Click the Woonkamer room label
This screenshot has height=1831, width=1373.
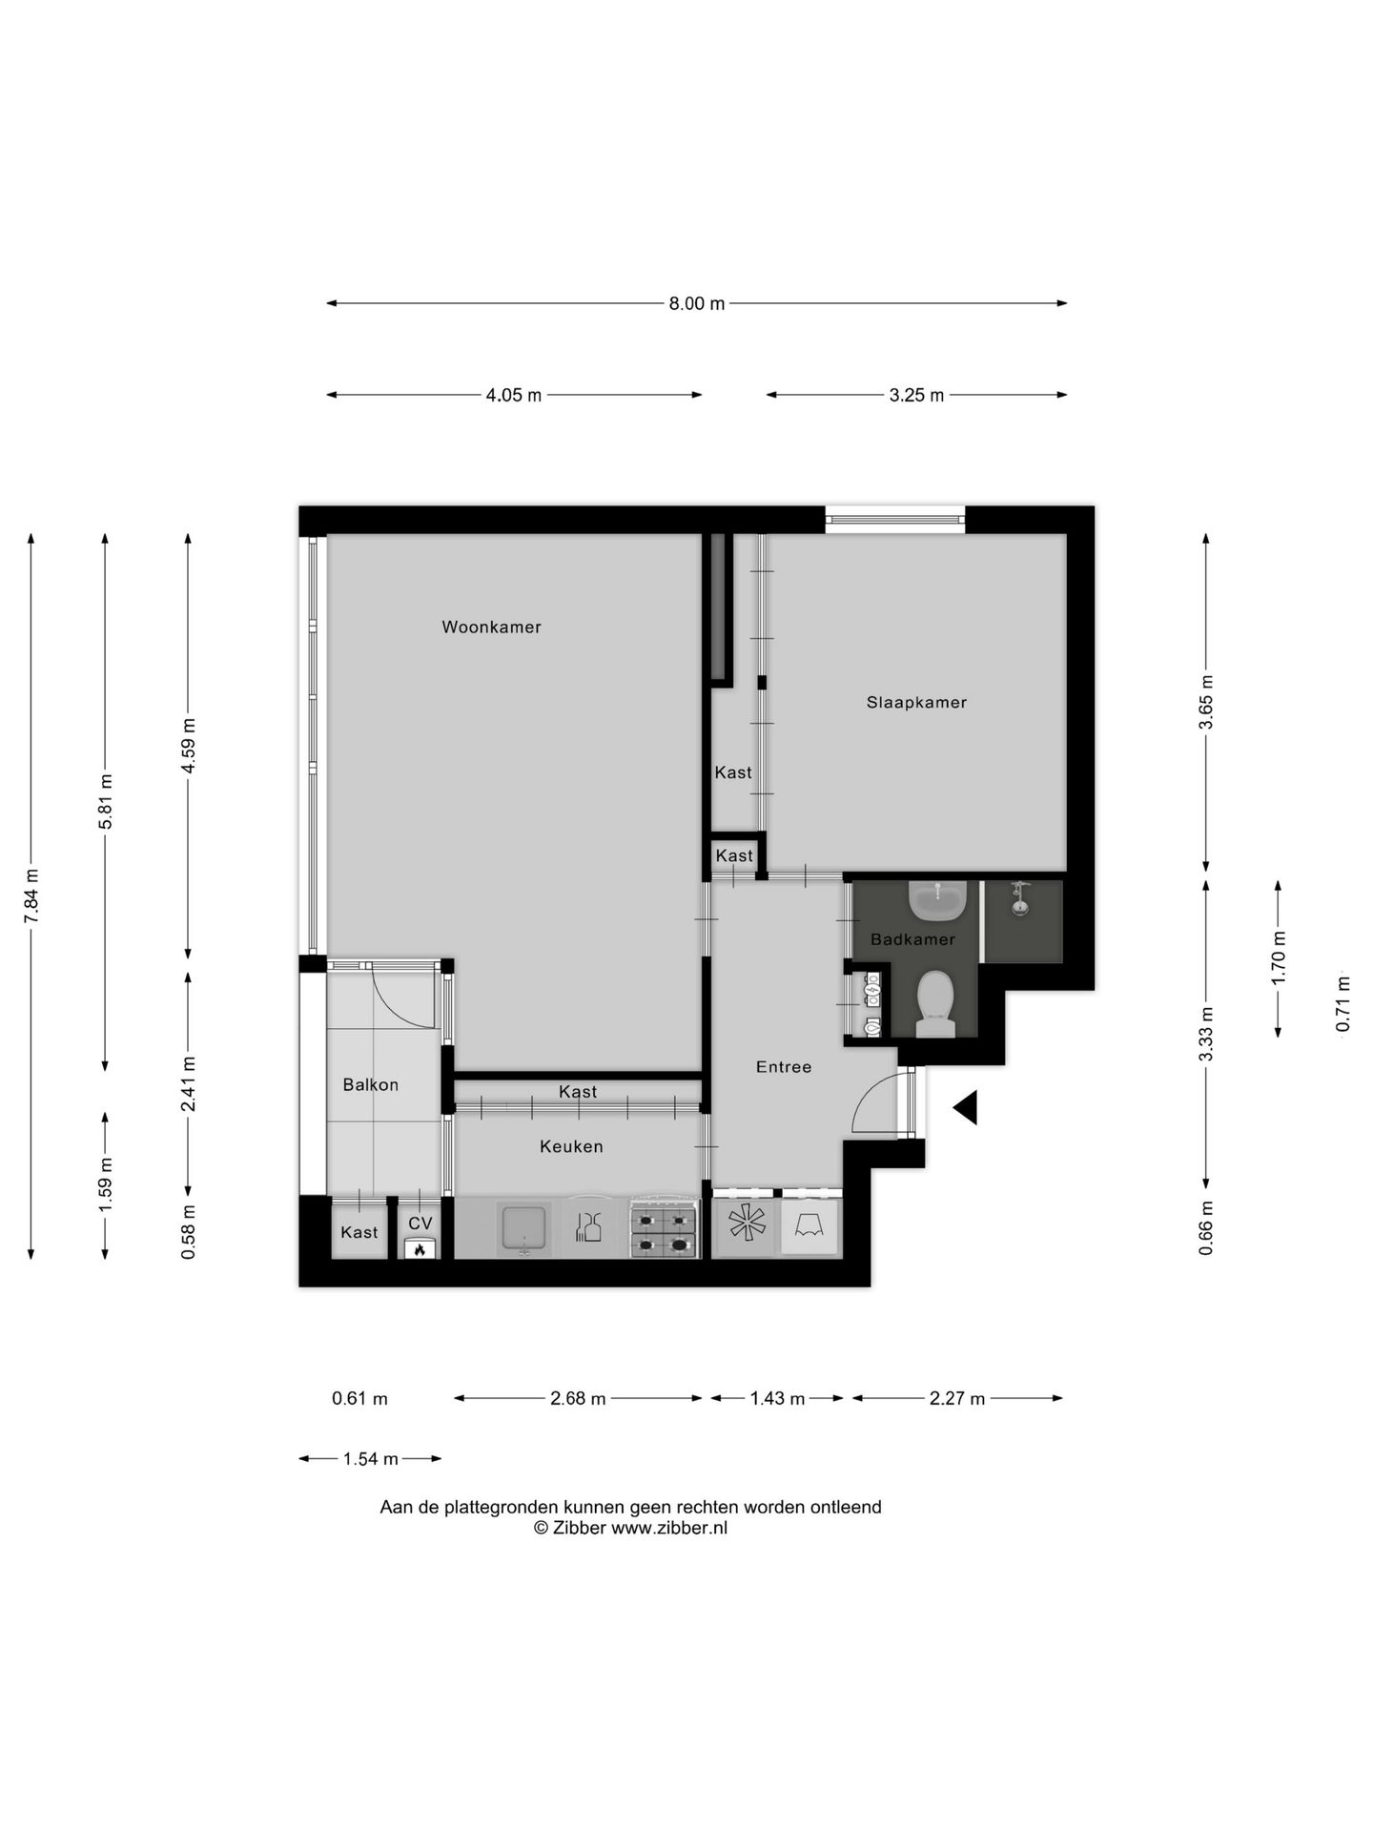click(x=491, y=627)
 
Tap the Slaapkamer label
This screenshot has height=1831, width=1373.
click(x=916, y=703)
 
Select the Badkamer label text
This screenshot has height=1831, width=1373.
click(x=912, y=939)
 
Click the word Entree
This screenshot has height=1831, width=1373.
click(x=784, y=1067)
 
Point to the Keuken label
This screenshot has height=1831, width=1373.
click(x=571, y=1146)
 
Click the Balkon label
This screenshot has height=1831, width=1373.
click(x=371, y=1084)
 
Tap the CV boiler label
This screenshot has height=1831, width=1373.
click(x=420, y=1224)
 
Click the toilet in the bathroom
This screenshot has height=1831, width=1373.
click(x=935, y=1002)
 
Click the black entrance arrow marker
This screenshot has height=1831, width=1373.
click(x=965, y=1108)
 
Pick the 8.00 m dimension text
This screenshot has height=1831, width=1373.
click(x=696, y=303)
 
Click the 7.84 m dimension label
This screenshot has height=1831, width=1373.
click(x=32, y=895)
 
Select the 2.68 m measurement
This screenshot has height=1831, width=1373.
click(x=578, y=1399)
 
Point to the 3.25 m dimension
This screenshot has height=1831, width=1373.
click(x=916, y=395)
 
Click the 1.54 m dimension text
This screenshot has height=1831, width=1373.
click(x=371, y=1459)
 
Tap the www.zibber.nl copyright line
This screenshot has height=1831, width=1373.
click(x=630, y=1528)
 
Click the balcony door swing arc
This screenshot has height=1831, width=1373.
click(x=405, y=1002)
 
